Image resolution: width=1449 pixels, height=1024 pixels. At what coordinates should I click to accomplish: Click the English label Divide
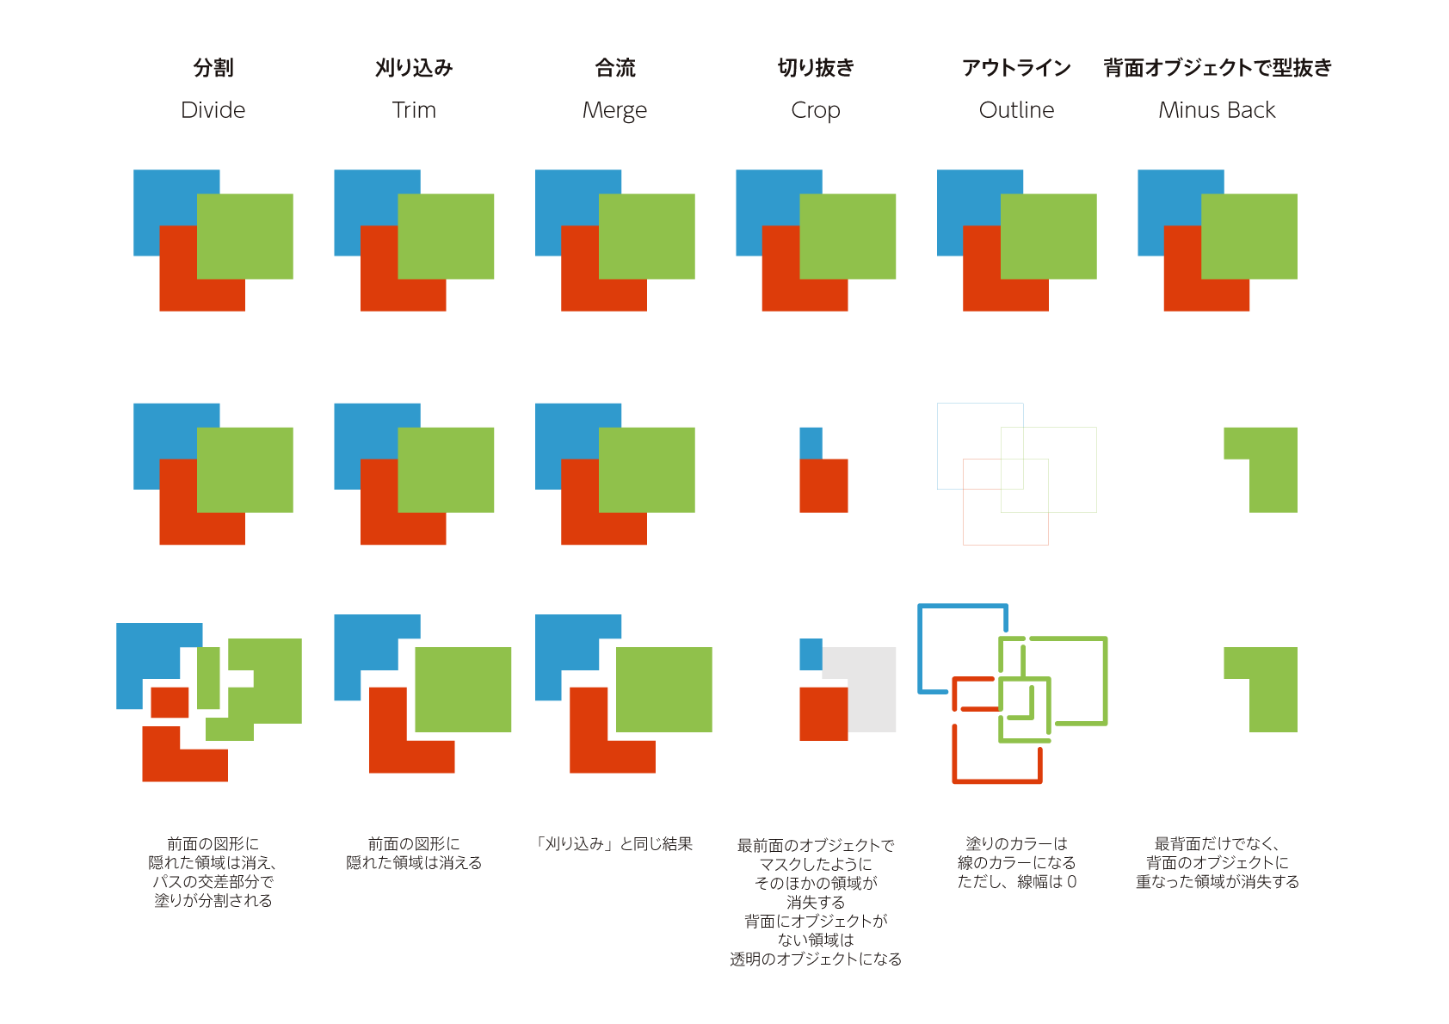click(213, 110)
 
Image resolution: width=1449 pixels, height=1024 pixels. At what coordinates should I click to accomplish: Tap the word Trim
click(414, 110)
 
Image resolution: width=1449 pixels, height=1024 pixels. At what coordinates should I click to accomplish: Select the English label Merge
click(614, 111)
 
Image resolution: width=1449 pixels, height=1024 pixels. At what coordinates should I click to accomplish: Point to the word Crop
click(815, 111)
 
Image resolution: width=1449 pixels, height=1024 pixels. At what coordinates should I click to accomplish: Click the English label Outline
click(1016, 110)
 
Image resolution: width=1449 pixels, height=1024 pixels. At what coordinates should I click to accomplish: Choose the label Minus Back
click(1217, 110)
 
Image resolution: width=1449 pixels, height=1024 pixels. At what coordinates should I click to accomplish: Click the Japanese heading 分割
click(213, 68)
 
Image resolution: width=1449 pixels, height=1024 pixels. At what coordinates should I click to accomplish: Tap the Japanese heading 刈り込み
click(414, 68)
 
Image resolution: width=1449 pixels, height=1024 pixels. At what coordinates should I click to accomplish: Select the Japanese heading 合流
click(615, 68)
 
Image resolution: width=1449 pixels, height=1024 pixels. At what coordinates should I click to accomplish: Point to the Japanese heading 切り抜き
click(816, 68)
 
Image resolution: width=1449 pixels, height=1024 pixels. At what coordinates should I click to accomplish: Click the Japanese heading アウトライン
click(1016, 68)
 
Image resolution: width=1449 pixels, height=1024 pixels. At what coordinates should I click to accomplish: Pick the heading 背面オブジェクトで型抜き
click(1218, 68)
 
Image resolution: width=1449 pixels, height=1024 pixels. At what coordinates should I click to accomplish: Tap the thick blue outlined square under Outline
click(920, 645)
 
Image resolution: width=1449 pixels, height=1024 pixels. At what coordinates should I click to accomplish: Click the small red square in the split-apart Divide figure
click(170, 702)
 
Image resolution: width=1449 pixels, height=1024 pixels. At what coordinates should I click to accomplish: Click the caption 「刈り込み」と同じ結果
click(614, 844)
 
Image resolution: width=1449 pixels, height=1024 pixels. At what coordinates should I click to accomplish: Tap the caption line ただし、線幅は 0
click(1016, 882)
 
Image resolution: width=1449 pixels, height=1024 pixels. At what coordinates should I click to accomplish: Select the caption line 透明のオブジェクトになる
click(816, 959)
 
